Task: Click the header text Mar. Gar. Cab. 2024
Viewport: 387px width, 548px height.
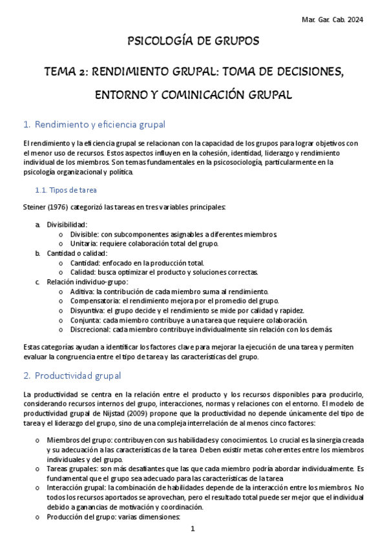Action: click(x=332, y=20)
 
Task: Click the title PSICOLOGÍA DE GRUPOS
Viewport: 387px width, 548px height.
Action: click(x=193, y=41)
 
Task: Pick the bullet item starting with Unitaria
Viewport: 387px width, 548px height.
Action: click(x=83, y=243)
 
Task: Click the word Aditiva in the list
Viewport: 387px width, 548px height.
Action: click(x=81, y=291)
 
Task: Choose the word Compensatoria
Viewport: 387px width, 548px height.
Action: click(x=94, y=301)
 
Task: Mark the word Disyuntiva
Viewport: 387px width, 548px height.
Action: click(x=87, y=311)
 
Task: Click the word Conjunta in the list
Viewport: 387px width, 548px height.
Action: click(x=85, y=321)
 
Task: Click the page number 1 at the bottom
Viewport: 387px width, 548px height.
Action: click(x=193, y=529)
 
